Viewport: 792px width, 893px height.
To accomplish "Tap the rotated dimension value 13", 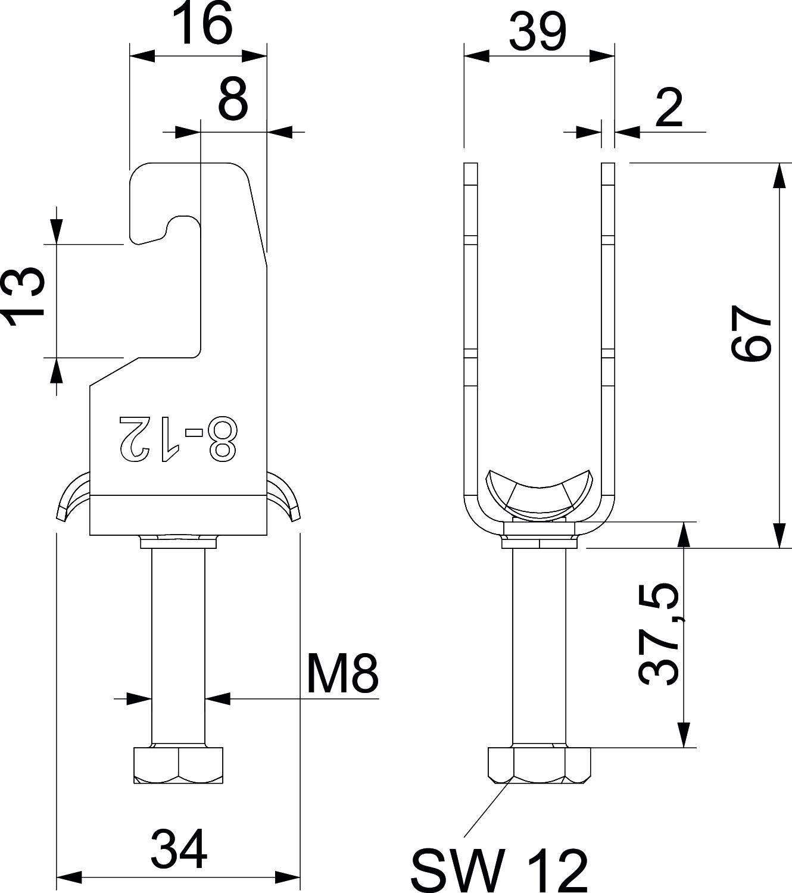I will pos(25,297).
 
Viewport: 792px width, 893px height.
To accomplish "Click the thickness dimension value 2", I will pos(669,108).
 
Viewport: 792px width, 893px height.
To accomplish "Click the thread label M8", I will pos(342,673).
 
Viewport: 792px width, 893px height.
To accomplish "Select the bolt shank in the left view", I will pos(178,643).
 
